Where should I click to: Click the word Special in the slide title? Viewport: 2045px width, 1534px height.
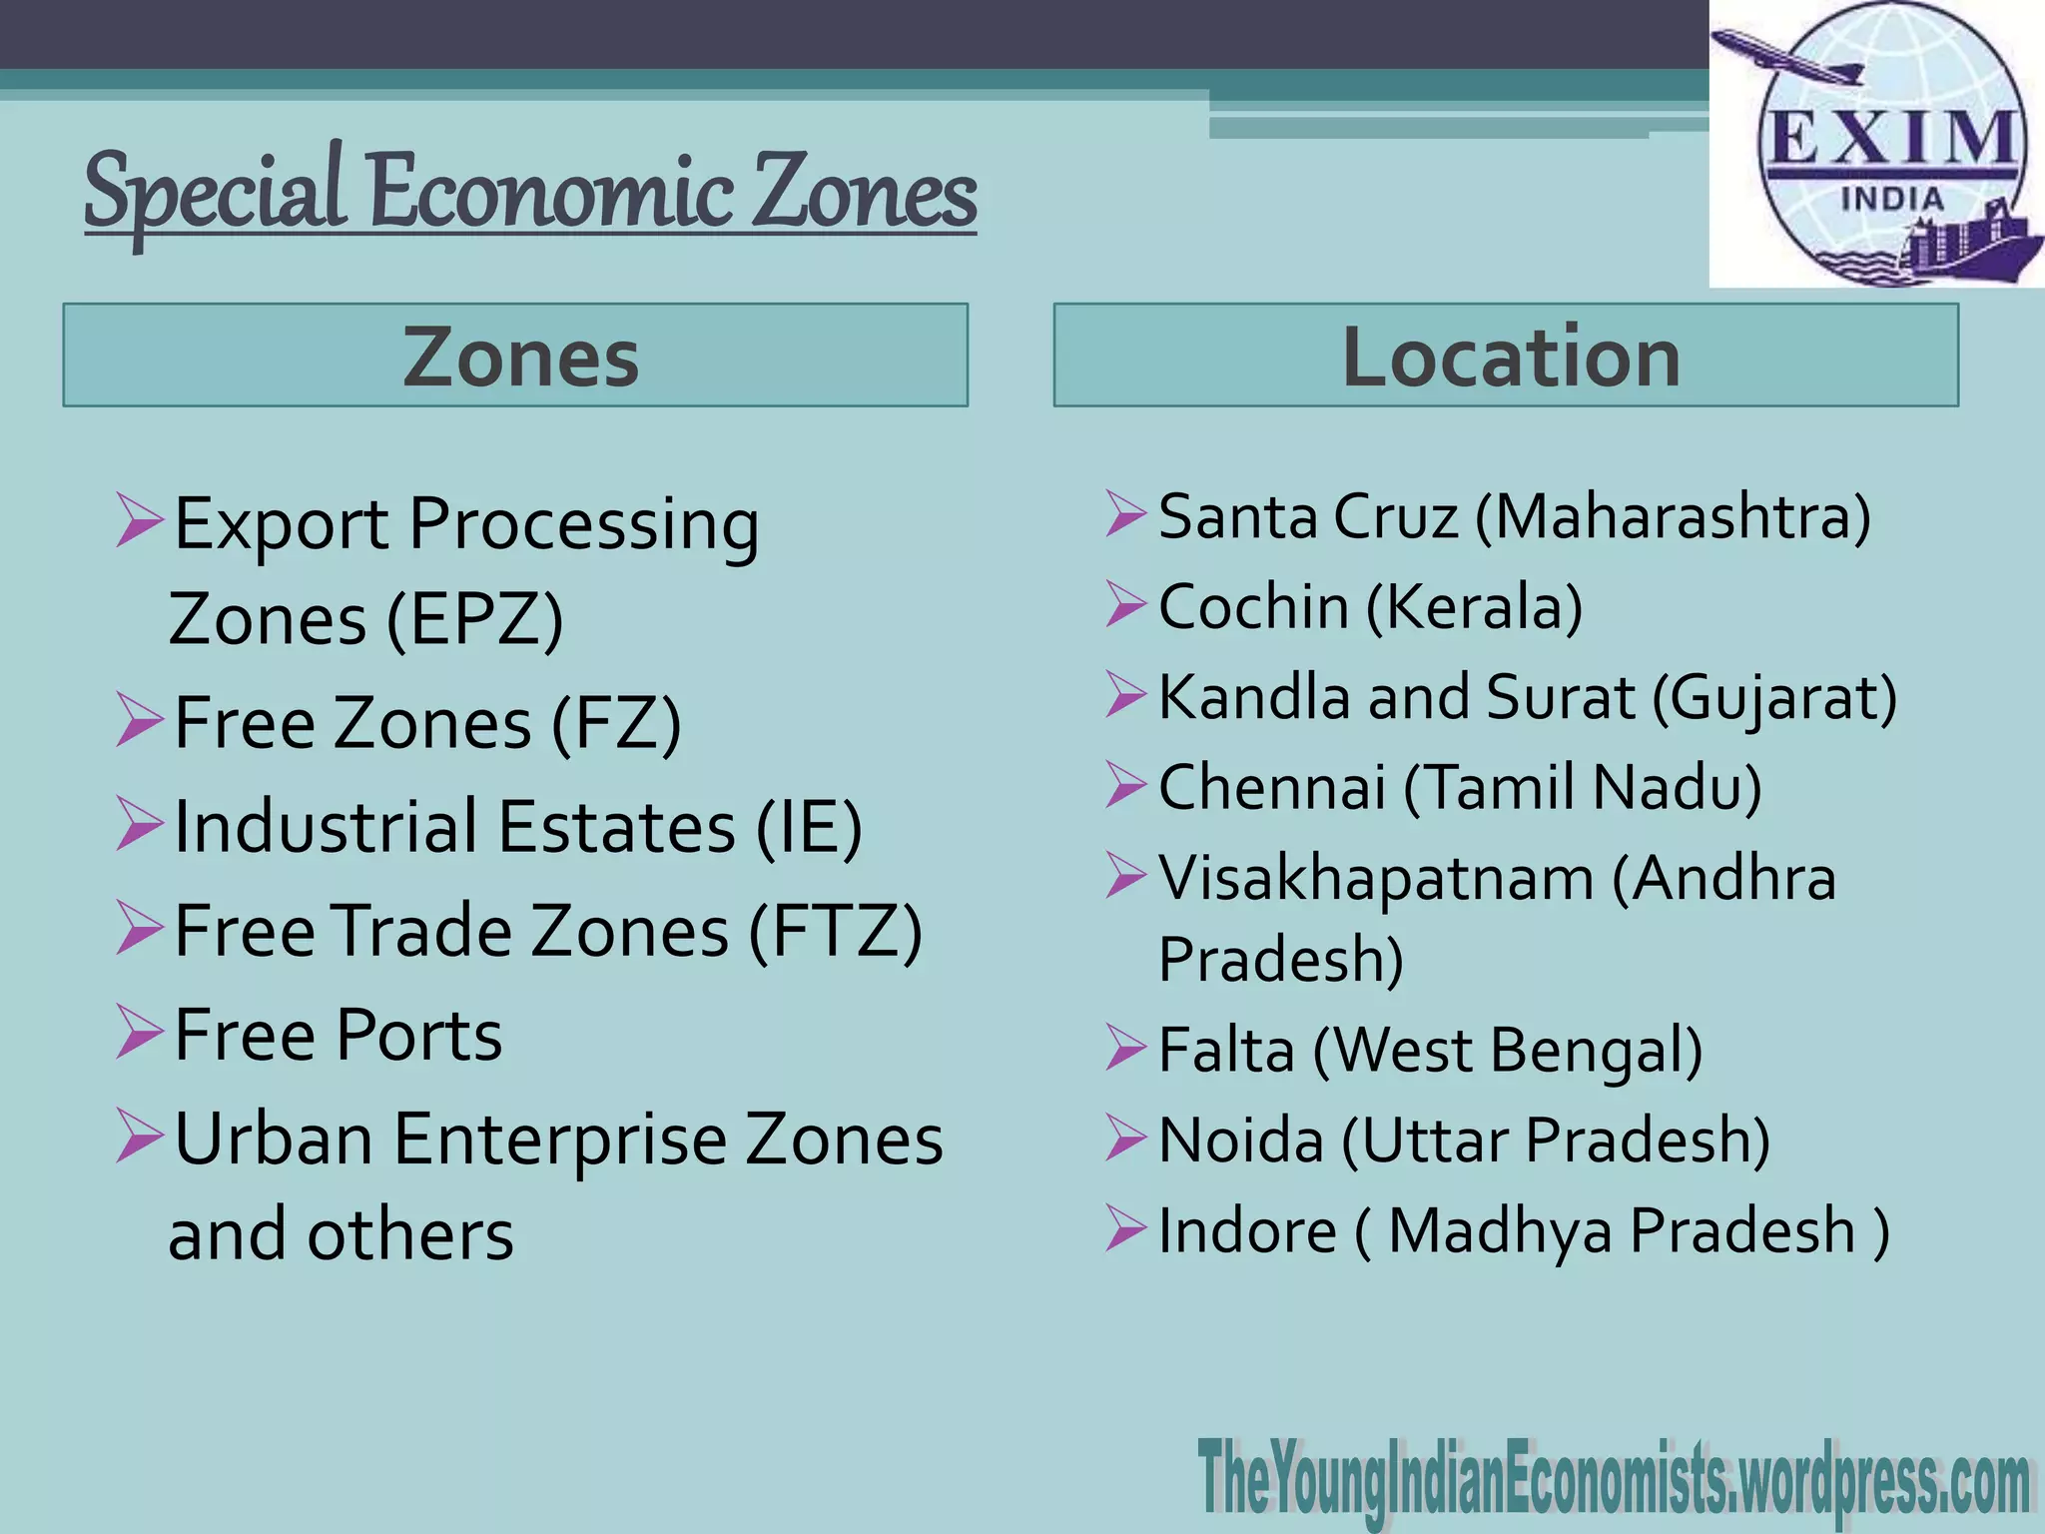coord(215,192)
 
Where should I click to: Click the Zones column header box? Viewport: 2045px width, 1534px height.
coord(515,356)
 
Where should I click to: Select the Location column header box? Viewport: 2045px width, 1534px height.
coord(1506,356)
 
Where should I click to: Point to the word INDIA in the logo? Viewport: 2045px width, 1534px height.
coord(1892,199)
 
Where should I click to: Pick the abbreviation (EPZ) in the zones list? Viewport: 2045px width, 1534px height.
coord(475,619)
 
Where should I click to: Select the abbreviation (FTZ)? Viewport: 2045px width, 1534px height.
coord(836,931)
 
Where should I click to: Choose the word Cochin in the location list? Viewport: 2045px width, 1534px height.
coord(1253,606)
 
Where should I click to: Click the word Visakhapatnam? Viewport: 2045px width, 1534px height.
coord(1375,878)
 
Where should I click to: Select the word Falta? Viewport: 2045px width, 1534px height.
coord(1226,1050)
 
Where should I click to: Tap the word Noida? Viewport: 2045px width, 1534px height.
coord(1240,1140)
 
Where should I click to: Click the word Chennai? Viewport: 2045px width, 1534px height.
coord(1271,787)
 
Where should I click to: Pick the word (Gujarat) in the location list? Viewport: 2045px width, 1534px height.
coord(1773,697)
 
